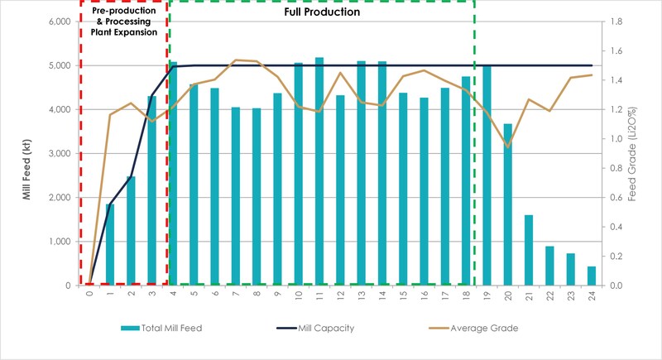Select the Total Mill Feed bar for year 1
pyautogui.click(x=109, y=244)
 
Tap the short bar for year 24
pyautogui.click(x=592, y=276)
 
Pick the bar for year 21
pyautogui.click(x=529, y=250)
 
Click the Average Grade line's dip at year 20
pyautogui.click(x=507, y=147)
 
